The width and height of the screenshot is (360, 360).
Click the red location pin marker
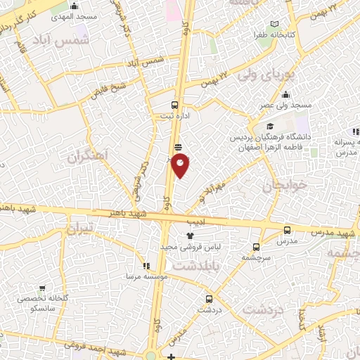pos(181,165)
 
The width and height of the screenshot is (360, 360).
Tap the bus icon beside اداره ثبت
pos(175,105)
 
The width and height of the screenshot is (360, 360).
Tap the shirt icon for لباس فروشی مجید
pos(188,236)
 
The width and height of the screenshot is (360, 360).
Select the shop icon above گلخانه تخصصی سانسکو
pos(43,288)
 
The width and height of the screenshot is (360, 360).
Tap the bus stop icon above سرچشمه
pos(255,247)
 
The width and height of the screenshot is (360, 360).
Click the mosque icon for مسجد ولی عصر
pos(285,95)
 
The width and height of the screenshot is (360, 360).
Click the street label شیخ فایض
pos(110,89)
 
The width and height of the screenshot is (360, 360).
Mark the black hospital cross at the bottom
pos(170,356)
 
